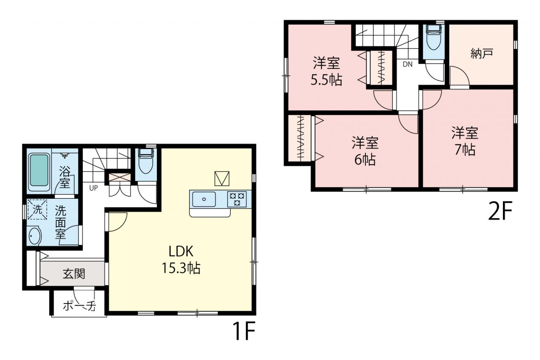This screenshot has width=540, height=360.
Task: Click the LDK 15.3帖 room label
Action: (181, 260)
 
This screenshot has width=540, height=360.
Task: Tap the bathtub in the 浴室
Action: (39, 170)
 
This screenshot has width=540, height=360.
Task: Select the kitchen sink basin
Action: (204, 199)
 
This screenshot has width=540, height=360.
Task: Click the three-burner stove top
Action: (237, 199)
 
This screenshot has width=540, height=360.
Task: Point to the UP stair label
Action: (94, 188)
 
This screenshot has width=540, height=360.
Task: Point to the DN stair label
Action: (408, 65)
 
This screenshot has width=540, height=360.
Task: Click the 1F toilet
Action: (146, 161)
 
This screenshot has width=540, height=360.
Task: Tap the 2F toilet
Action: (434, 37)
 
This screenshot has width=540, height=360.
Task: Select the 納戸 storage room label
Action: (482, 54)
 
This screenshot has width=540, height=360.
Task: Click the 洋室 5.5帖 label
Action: (326, 71)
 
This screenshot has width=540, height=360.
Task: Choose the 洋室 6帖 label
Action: (365, 151)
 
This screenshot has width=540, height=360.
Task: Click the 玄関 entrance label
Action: (74, 274)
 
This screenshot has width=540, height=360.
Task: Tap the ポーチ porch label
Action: (79, 306)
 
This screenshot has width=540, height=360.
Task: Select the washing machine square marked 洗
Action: (38, 209)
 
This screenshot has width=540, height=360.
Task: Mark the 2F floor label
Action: (500, 211)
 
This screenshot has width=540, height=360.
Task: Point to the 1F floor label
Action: (243, 331)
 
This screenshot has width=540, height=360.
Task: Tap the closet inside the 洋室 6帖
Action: (300, 138)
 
